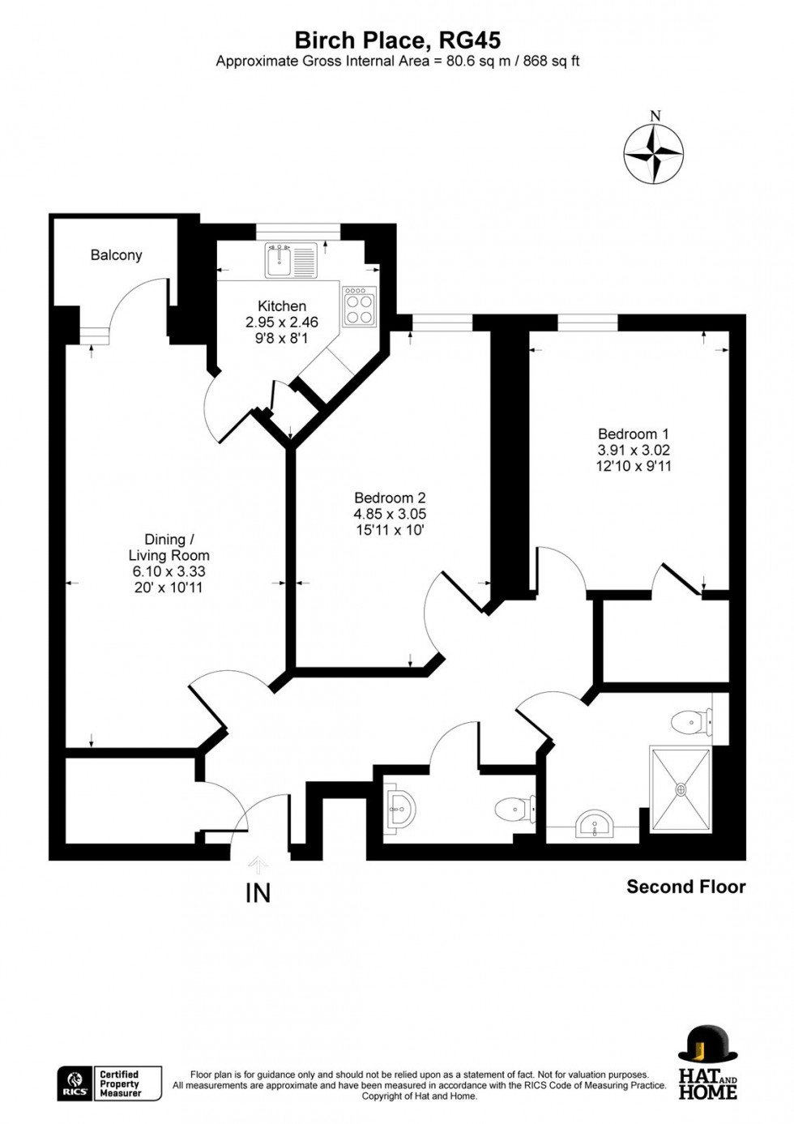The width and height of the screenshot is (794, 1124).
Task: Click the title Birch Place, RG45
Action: (x=397, y=40)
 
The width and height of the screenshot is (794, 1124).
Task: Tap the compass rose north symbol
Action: (x=654, y=152)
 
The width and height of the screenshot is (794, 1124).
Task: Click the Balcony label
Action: (x=116, y=255)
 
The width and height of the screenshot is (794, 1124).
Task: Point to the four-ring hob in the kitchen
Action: (x=359, y=306)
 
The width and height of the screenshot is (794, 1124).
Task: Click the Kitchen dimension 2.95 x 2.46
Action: (x=282, y=322)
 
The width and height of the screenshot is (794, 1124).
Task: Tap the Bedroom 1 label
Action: (x=634, y=434)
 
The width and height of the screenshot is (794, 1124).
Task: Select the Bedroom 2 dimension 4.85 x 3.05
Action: (x=390, y=514)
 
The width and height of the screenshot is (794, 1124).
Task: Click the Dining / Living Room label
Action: (x=169, y=547)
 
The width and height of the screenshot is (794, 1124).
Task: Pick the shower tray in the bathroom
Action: (x=681, y=789)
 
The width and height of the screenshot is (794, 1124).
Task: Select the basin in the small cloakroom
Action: (x=399, y=809)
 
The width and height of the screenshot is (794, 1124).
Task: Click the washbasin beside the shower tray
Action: (x=595, y=827)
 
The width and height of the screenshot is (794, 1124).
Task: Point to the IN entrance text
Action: (x=258, y=893)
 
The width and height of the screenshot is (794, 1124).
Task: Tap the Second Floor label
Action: (x=685, y=887)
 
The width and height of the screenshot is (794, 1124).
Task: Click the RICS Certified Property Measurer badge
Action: (x=109, y=1083)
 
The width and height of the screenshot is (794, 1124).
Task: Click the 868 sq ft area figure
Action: (x=551, y=61)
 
